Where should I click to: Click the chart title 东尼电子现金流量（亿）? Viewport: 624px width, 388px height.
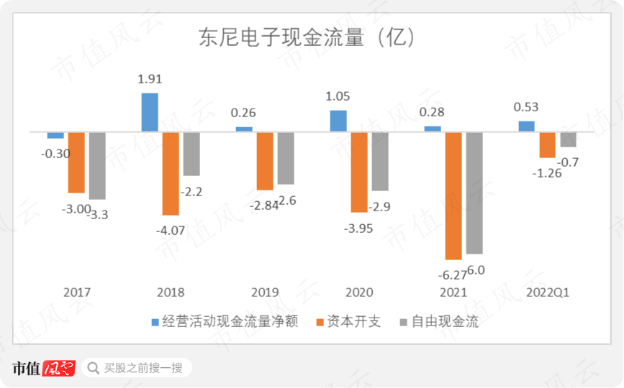(x=307, y=37)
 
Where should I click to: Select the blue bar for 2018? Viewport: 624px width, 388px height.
(x=150, y=113)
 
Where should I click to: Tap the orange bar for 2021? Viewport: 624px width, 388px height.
(x=453, y=195)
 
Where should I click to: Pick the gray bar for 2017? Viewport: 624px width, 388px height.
(x=97, y=165)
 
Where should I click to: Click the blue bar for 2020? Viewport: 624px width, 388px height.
(x=338, y=121)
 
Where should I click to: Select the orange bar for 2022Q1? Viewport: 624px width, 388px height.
(x=548, y=144)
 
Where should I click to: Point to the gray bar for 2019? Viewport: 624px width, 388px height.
(x=286, y=158)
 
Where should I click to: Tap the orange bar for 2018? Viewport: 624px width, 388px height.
(x=171, y=173)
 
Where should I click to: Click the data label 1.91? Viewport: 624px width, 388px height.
(x=150, y=79)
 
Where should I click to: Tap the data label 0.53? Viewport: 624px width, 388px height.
(x=526, y=107)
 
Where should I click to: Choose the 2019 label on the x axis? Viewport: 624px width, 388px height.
(x=265, y=292)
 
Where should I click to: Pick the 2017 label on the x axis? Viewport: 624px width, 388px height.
(x=77, y=292)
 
